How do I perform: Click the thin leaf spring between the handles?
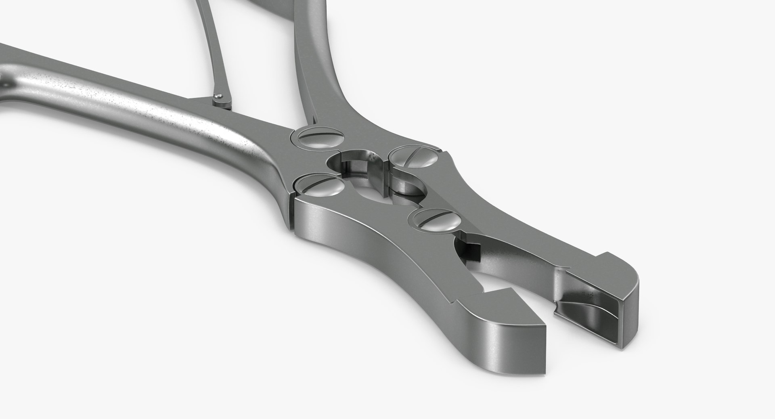point(210,48)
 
